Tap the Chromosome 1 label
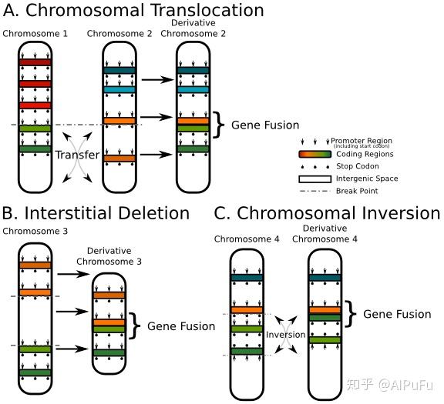point(35,34)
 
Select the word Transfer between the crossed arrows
point(77,155)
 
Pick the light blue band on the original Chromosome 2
point(119,89)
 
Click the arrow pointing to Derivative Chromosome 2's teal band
point(156,78)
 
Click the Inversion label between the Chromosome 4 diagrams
point(286,335)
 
